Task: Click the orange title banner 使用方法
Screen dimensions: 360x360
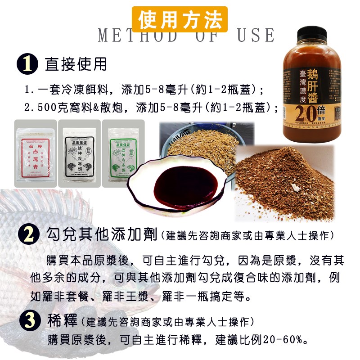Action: pos(180,19)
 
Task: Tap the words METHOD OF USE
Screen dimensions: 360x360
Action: pos(186,36)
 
